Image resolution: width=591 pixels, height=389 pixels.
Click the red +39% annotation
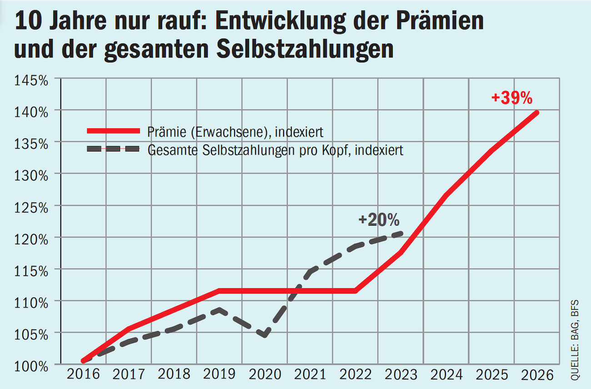(x=511, y=98)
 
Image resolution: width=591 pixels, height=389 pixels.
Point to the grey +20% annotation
(x=379, y=220)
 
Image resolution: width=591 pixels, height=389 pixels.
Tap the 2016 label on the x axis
(x=83, y=375)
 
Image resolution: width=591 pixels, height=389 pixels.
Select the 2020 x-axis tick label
(x=265, y=375)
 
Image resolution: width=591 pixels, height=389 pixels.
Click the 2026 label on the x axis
(x=537, y=375)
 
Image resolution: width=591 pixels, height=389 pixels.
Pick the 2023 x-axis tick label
(x=401, y=375)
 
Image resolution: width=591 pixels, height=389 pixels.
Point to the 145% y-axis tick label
(x=31, y=81)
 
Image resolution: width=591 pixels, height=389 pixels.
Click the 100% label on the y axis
(x=31, y=365)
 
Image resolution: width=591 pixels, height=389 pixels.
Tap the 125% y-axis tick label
(x=31, y=207)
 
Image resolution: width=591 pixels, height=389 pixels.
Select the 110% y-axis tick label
(x=31, y=303)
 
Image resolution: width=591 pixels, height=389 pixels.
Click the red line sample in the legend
(x=113, y=131)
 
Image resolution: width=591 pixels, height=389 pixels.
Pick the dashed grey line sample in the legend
(x=113, y=149)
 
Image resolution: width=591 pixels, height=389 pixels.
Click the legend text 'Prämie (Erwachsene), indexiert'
(x=235, y=132)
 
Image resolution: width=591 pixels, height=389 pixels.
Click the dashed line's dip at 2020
(x=265, y=335)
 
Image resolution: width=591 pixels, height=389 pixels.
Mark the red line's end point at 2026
(x=537, y=112)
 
